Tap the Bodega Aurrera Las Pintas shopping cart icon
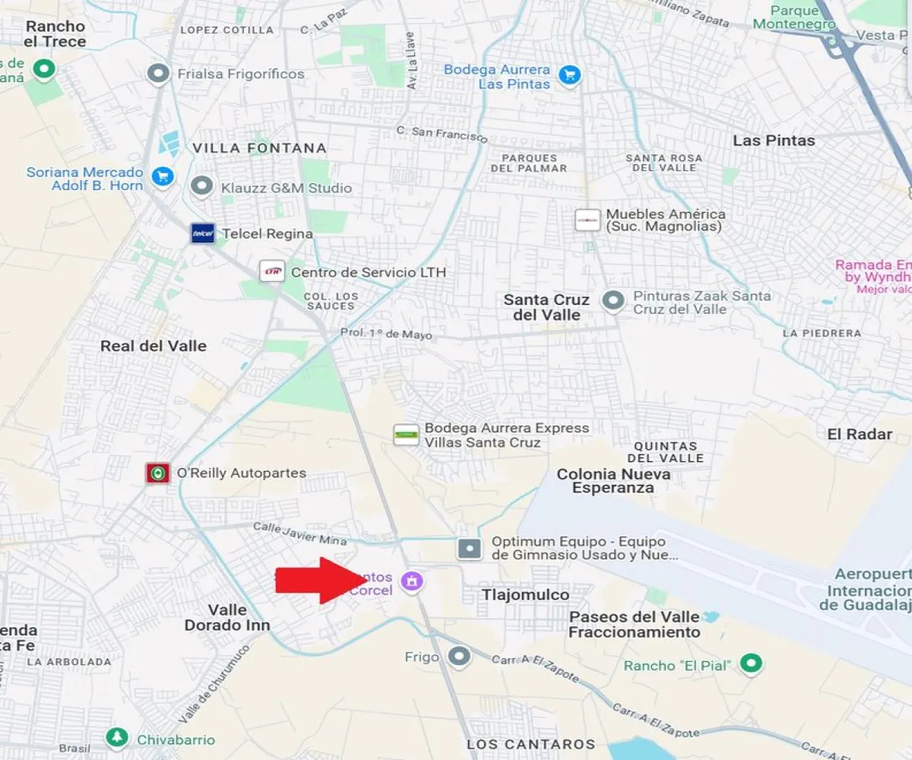click(568, 74)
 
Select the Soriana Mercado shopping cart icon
click(162, 177)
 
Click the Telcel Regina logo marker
click(202, 233)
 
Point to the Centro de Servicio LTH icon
click(271, 271)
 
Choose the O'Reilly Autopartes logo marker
click(157, 473)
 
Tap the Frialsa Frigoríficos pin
click(158, 74)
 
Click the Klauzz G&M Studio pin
click(201, 187)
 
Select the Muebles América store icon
click(587, 220)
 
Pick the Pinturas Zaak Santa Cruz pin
click(613, 301)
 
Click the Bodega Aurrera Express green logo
click(407, 435)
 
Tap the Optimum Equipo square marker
click(470, 548)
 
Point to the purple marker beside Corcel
click(413, 581)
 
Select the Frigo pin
click(458, 656)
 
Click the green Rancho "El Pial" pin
click(752, 664)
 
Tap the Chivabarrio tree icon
click(116, 737)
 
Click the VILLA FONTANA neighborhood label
click(259, 148)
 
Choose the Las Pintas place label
click(773, 141)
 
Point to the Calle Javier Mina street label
click(299, 533)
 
